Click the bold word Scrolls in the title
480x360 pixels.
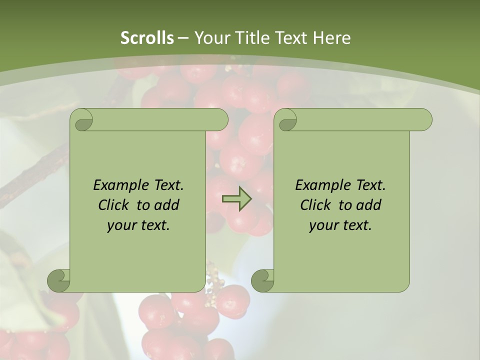(x=147, y=38)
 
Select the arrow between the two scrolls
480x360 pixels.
(x=236, y=199)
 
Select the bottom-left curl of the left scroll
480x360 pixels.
(x=58, y=281)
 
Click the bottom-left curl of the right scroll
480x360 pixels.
(x=262, y=281)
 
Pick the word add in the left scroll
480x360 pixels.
(x=166, y=205)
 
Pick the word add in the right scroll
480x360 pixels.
(x=368, y=205)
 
